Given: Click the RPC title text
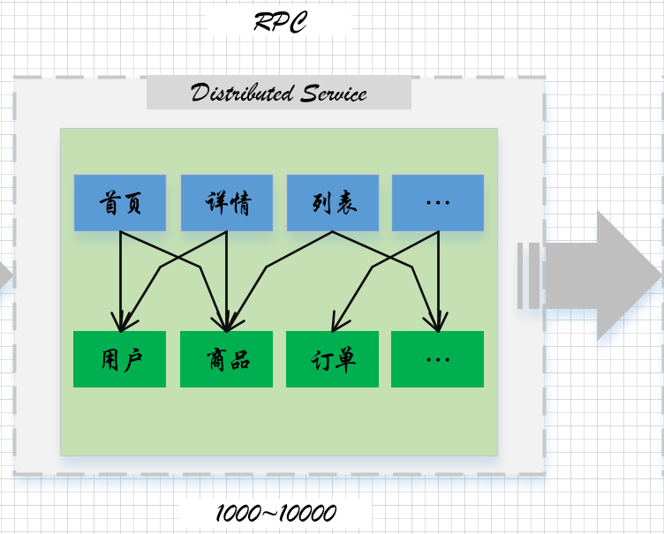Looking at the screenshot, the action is tap(280, 21).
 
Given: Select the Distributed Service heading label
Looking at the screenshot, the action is tap(279, 93).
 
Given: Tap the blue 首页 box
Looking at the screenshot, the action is tap(120, 203).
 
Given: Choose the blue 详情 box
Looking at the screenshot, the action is tap(227, 203).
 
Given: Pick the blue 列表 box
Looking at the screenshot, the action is tap(333, 203).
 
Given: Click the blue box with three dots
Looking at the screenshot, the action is tap(438, 203).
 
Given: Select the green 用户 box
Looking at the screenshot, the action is tap(120, 359).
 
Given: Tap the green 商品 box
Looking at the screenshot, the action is tap(227, 359).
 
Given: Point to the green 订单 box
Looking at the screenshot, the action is tap(332, 359).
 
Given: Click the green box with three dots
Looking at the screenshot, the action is tap(437, 359).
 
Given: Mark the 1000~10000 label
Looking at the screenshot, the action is tap(276, 513).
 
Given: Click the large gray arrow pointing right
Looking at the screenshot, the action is tap(603, 275).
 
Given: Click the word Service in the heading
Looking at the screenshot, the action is tap(334, 94).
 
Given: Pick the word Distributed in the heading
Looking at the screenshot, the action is tap(242, 93).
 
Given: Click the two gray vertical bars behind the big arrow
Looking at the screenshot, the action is tap(529, 275).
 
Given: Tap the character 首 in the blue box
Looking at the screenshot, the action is tap(109, 203).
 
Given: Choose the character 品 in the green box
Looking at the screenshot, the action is tap(239, 359).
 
